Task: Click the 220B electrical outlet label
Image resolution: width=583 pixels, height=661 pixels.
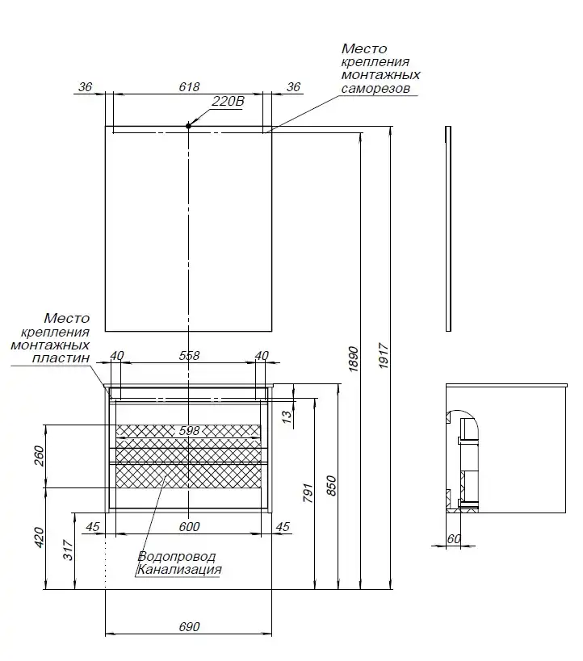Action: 227,102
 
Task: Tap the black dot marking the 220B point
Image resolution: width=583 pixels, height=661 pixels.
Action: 188,126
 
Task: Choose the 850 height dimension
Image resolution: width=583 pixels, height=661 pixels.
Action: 330,484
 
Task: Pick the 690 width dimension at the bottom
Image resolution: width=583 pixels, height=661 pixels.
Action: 188,627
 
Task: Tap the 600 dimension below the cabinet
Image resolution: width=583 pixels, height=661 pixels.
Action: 188,527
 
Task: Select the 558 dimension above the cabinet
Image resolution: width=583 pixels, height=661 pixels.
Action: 188,355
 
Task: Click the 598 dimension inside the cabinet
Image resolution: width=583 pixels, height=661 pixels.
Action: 189,431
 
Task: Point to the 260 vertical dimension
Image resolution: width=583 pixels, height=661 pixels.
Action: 40,456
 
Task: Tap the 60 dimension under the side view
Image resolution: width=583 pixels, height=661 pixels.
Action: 453,539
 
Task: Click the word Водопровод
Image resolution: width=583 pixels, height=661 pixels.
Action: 177,557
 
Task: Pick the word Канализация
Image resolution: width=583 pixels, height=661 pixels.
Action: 179,570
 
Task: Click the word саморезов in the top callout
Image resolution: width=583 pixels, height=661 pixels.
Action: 375,88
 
